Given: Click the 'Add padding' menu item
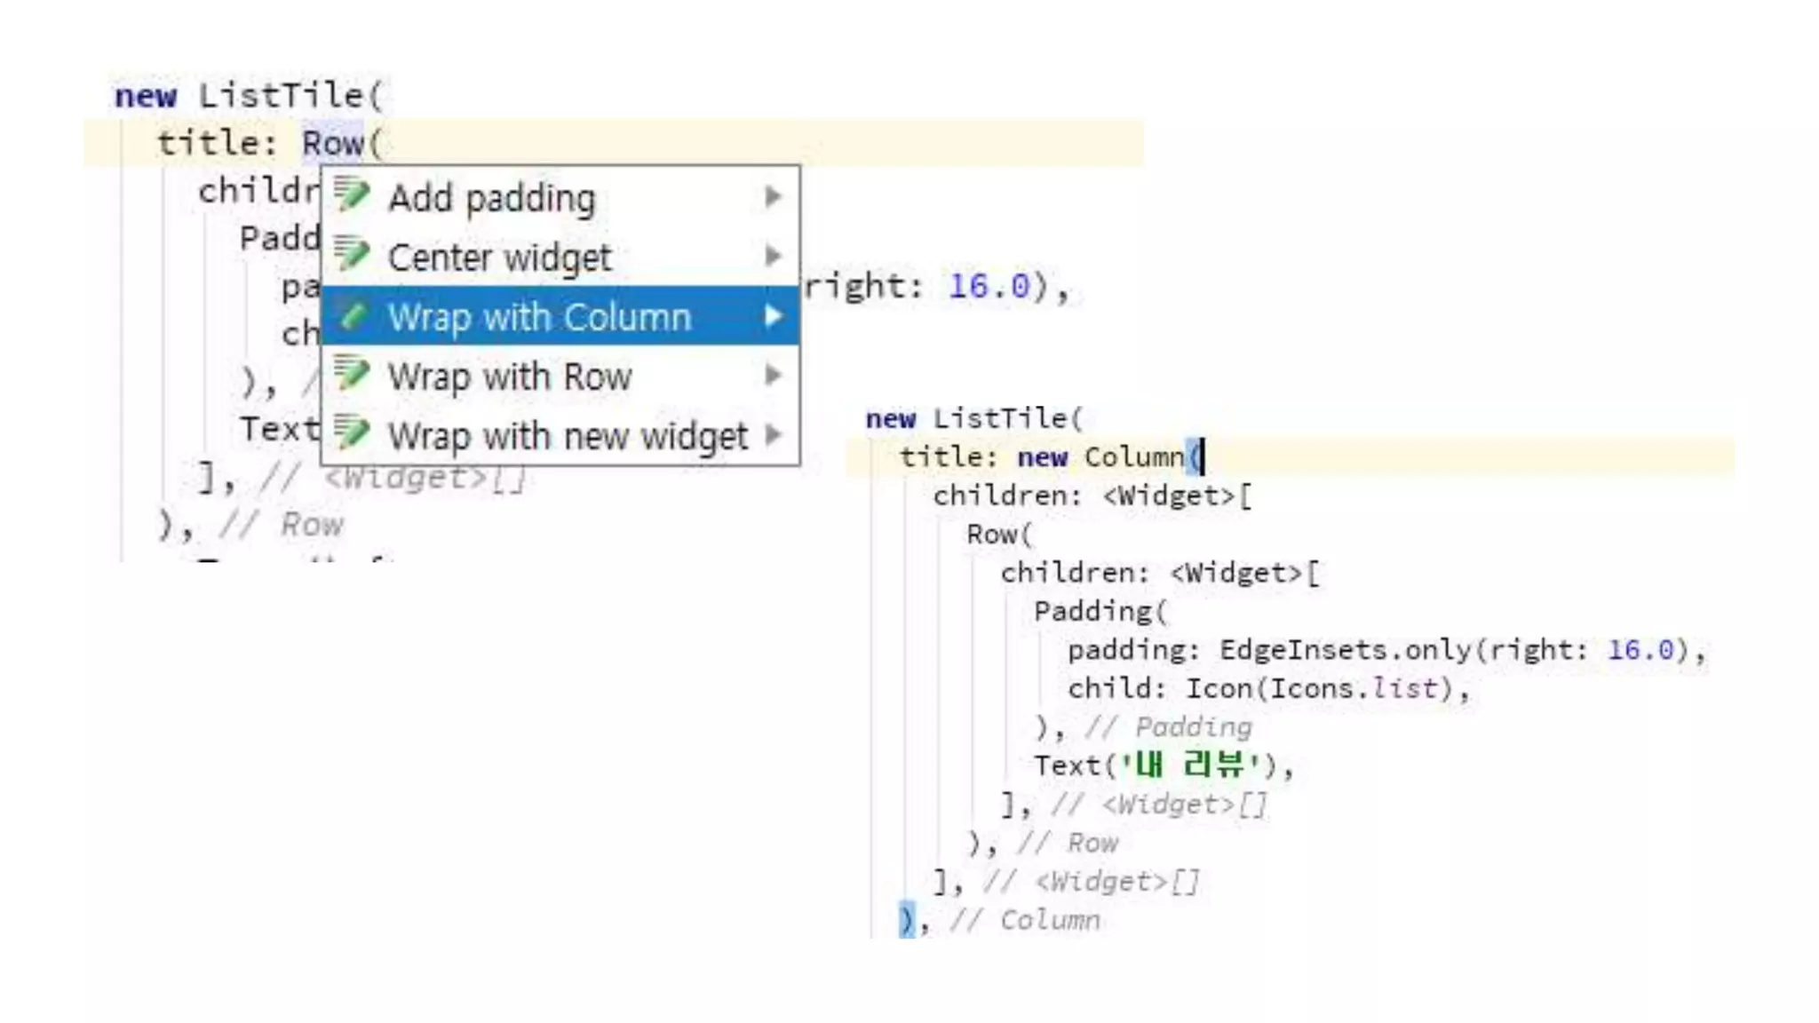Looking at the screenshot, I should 491,197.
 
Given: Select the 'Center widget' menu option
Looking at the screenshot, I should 499,258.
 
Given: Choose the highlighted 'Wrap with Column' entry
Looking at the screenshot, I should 539,317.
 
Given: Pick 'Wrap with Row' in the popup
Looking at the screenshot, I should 509,377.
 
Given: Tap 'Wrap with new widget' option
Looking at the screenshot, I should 568,436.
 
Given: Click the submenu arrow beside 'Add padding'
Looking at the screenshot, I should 774,196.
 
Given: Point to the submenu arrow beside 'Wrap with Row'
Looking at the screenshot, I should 774,376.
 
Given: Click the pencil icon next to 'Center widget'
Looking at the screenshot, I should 352,256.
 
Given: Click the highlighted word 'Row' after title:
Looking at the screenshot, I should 332,143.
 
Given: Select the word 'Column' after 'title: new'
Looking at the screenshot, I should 1134,457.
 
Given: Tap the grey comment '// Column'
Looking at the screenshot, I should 1025,921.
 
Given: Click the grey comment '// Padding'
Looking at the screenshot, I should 1168,727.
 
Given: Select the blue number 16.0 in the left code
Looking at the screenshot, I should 989,286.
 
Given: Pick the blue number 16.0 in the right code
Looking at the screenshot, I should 1640,650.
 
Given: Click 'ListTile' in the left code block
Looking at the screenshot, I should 282,96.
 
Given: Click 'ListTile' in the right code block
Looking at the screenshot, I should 1000,418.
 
